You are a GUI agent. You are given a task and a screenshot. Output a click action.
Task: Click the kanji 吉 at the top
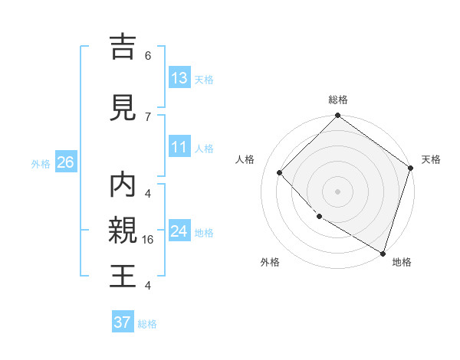click(123, 47)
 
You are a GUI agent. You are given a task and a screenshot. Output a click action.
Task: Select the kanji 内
click(123, 185)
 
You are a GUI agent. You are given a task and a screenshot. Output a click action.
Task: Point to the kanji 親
click(123, 231)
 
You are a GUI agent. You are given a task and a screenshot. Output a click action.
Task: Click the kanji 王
click(123, 276)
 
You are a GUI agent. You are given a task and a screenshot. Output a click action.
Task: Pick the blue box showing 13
click(179, 78)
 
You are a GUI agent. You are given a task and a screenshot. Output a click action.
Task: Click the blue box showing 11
click(179, 147)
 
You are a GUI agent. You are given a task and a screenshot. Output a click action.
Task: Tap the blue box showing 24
click(179, 231)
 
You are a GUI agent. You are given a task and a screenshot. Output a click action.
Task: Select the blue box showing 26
click(65, 162)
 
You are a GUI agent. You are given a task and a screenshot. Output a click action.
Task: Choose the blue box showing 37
click(123, 322)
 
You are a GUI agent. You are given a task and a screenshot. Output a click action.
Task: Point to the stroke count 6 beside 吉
click(148, 56)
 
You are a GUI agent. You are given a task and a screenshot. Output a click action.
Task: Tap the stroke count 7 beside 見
click(148, 116)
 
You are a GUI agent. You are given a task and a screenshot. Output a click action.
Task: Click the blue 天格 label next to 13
click(204, 79)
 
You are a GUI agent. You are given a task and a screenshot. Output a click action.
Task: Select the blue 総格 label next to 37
click(147, 324)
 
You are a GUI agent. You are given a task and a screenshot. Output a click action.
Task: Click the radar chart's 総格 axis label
click(338, 100)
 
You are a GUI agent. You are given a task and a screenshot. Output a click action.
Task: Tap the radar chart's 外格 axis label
click(270, 262)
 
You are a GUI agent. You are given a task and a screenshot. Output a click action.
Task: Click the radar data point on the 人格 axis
click(280, 172)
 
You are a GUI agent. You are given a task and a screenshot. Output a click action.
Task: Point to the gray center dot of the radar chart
click(338, 191)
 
